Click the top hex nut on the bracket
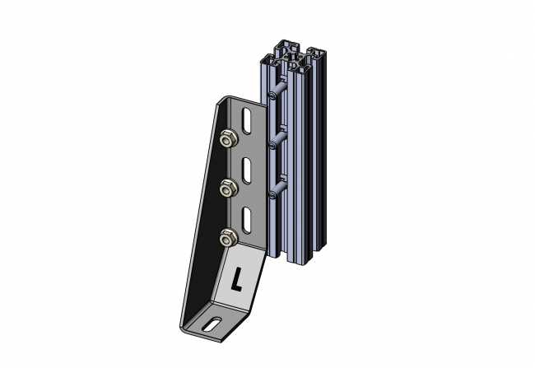click(226, 139)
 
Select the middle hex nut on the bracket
click(227, 189)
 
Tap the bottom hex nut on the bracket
click(227, 239)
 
